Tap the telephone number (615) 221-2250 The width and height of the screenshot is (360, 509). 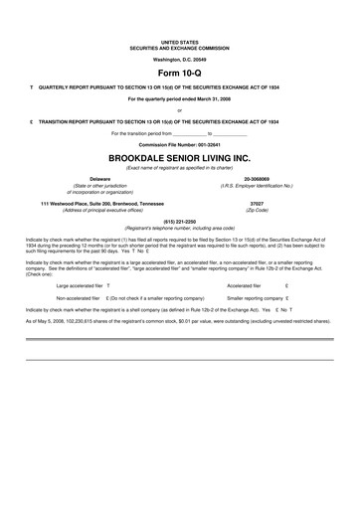180,222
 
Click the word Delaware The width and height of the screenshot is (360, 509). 76,180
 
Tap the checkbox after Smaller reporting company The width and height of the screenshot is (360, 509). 286,297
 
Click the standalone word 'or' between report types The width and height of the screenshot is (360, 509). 180,110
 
